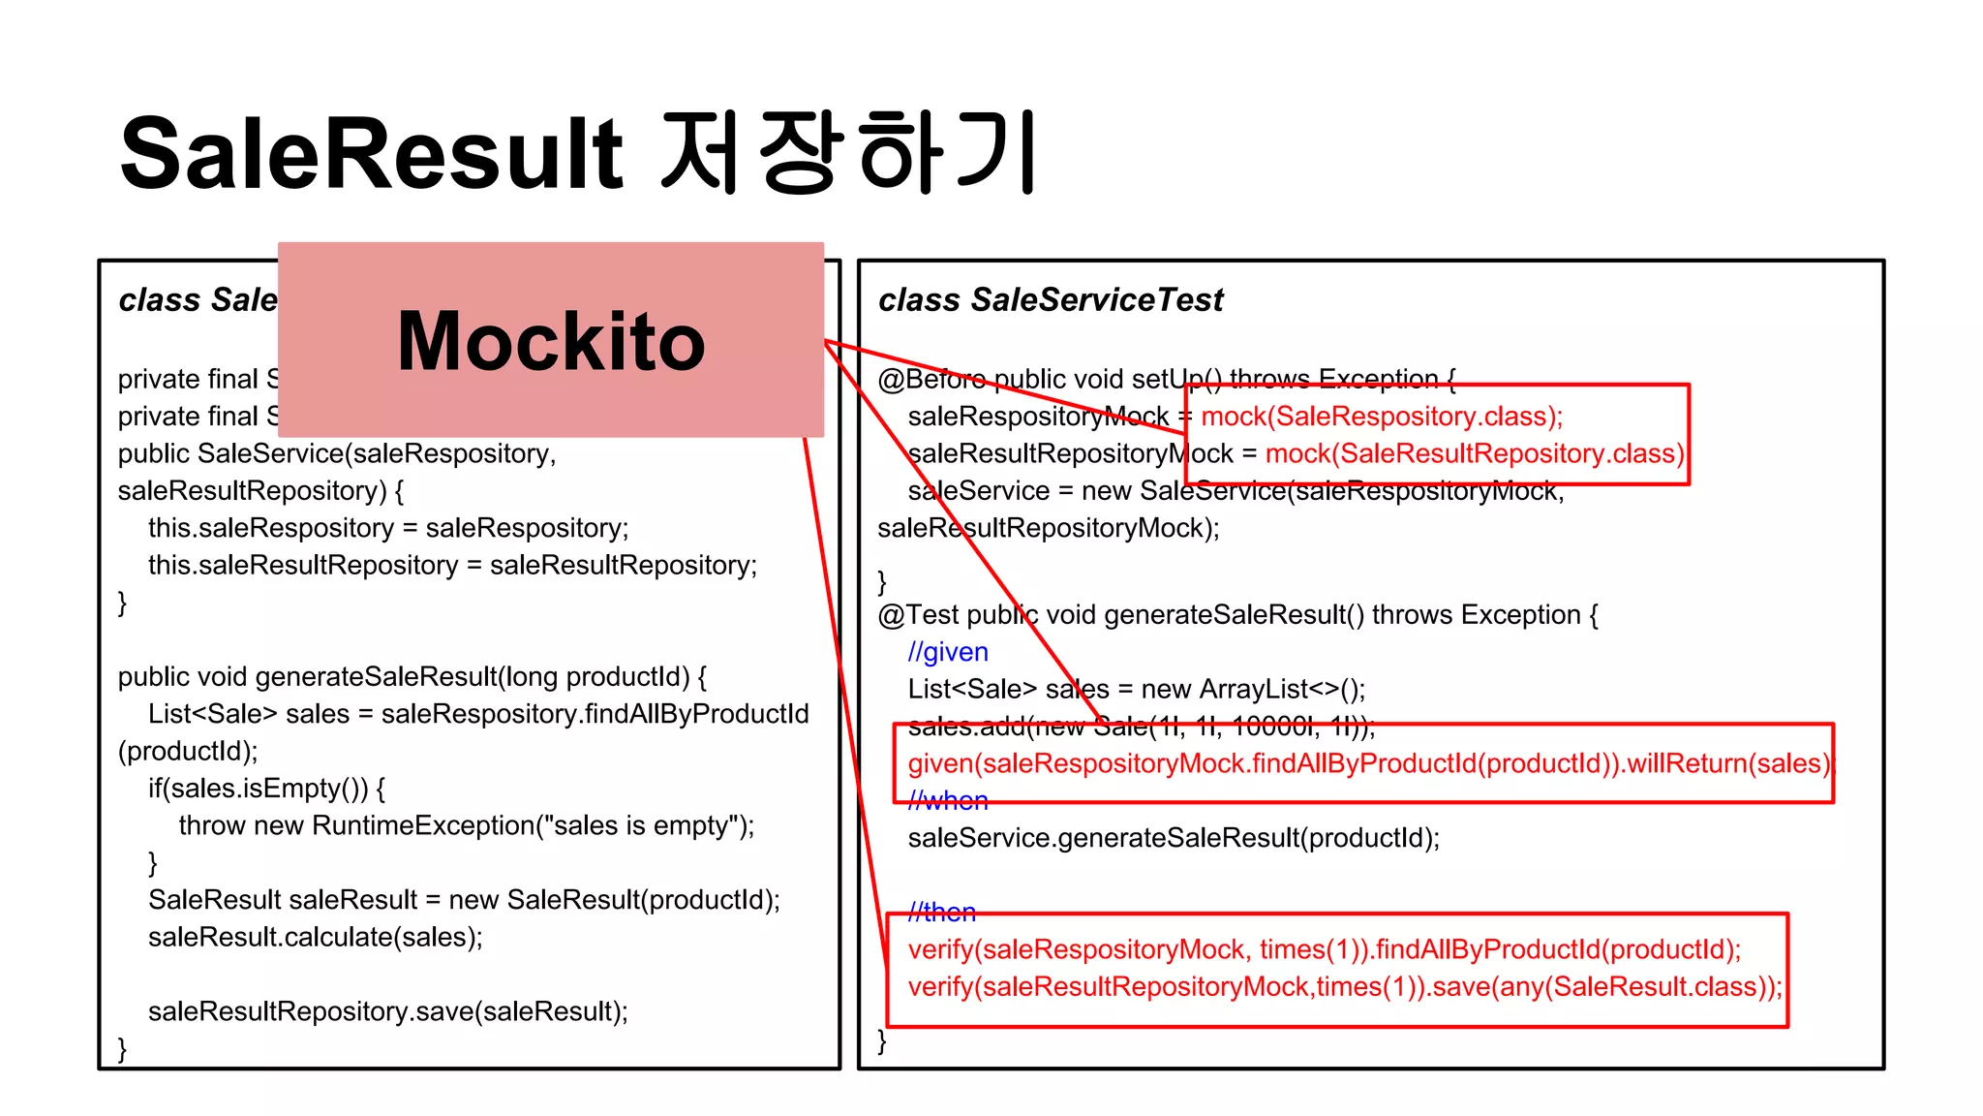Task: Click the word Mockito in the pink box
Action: (551, 342)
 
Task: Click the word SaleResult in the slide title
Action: (372, 154)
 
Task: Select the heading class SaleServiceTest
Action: (1051, 300)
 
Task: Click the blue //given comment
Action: (948, 652)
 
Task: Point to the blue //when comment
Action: (948, 801)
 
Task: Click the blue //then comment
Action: (942, 913)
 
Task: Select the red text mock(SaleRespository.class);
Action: (1382, 417)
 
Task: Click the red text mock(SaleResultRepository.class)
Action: (1475, 453)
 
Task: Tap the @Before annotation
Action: (930, 379)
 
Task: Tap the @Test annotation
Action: (918, 615)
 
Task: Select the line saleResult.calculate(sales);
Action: (315, 937)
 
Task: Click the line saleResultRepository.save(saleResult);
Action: (387, 1011)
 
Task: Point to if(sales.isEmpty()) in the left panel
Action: (258, 789)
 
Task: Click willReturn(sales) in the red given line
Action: (1727, 763)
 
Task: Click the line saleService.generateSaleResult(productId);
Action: (1174, 838)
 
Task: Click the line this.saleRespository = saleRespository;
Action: (388, 528)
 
